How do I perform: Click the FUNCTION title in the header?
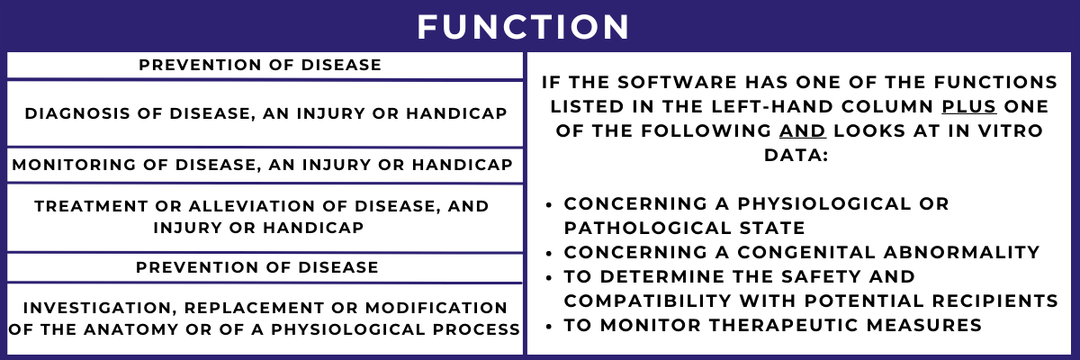click(x=524, y=26)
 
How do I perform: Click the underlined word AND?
click(x=804, y=130)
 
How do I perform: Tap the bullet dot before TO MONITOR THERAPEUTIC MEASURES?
click(x=550, y=325)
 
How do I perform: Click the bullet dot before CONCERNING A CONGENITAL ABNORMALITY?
click(x=550, y=252)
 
